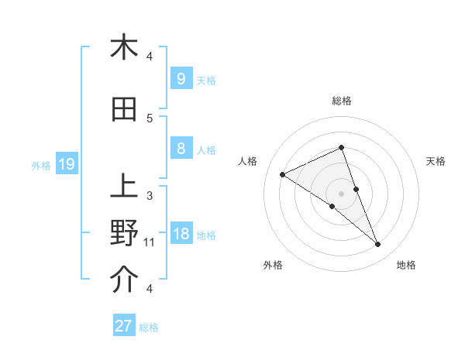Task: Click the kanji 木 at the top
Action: [124, 47]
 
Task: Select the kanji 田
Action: [124, 110]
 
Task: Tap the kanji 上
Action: [124, 187]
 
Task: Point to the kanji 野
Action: [124, 233]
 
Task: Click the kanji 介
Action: [124, 280]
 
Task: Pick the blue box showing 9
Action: [181, 78]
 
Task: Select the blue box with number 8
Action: [181, 149]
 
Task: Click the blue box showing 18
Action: [181, 234]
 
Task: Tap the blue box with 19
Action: [66, 163]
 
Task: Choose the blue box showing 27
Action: [124, 326]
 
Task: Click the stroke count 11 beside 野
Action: [150, 242]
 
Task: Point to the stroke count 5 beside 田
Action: [150, 118]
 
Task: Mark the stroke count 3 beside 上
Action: [150, 195]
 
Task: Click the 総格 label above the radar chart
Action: [342, 101]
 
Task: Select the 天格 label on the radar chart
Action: [436, 161]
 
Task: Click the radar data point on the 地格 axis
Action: [378, 245]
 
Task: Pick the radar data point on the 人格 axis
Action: [283, 174]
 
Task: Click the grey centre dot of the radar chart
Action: [342, 193]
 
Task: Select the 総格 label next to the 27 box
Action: [149, 327]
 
